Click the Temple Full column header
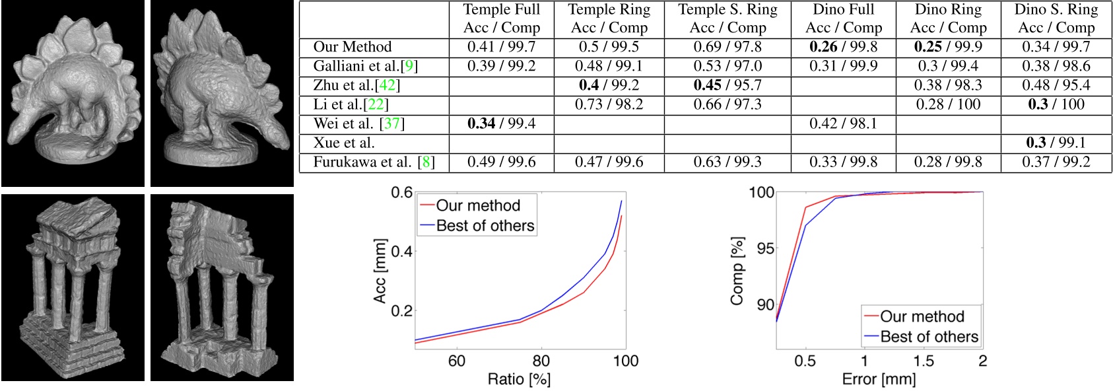[501, 18]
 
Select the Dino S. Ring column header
[1056, 18]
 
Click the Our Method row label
[352, 47]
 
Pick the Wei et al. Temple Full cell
[501, 124]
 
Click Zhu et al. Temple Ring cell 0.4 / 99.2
[609, 85]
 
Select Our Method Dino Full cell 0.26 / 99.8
[843, 47]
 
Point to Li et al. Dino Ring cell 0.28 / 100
[948, 104]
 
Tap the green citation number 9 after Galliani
[410, 66]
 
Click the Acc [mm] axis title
[380, 271]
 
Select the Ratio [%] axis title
[519, 380]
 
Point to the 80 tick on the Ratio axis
[541, 361]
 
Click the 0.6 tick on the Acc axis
[401, 193]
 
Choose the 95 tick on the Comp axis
[765, 248]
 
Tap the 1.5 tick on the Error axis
[923, 361]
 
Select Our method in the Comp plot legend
[922, 316]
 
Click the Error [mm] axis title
[879, 380]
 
